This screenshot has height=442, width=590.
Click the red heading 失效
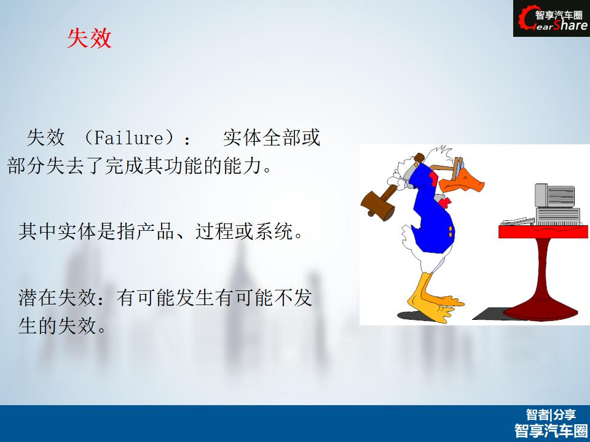coord(89,38)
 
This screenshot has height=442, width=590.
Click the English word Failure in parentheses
coord(128,138)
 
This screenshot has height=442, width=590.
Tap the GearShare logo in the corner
coord(551,18)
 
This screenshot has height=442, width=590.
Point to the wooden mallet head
coord(377,206)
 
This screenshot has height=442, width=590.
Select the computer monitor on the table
coord(554,195)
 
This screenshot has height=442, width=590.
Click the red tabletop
coord(543,231)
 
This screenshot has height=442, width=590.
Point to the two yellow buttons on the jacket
coord(450,231)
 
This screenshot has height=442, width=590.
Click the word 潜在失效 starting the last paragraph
coord(58,298)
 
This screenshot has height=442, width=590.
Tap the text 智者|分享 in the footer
coord(551,414)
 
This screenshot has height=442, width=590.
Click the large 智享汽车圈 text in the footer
coord(551,430)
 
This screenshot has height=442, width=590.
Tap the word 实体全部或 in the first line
coord(272,138)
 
